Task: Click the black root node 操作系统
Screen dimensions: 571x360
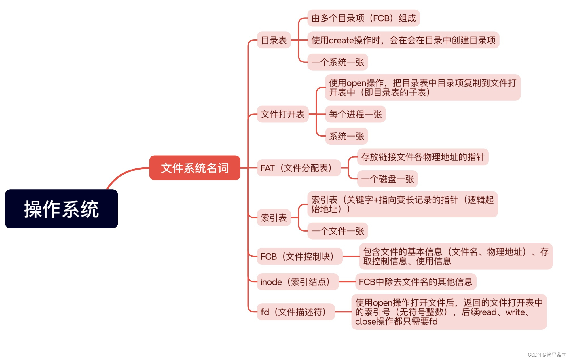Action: (61, 209)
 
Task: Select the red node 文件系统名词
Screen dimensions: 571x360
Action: (195, 168)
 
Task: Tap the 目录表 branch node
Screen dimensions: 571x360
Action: (274, 40)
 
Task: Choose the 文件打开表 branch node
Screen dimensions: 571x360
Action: (283, 114)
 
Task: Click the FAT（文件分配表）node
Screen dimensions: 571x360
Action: (298, 168)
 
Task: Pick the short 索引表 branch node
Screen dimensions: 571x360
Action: (274, 218)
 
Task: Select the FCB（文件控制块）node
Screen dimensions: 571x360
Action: (299, 256)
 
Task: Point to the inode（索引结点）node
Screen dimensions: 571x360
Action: (297, 282)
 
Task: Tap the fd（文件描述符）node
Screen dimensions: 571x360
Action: (295, 312)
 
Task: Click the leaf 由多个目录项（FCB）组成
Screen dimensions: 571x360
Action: (363, 18)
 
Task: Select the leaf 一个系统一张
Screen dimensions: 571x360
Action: (338, 62)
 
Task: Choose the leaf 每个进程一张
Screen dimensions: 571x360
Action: (355, 114)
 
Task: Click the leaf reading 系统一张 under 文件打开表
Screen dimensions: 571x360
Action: (346, 136)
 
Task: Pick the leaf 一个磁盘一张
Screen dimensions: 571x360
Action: (387, 179)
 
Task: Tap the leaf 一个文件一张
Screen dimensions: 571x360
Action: (338, 231)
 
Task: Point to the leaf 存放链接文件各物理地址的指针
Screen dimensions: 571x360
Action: (423, 157)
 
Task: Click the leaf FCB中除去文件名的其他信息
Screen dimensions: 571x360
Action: (416, 282)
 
